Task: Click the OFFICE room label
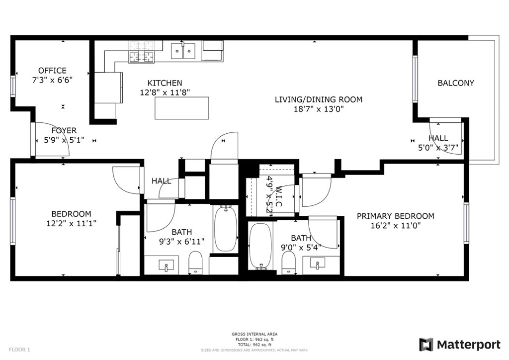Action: [x=52, y=71]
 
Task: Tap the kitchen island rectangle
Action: [x=182, y=108]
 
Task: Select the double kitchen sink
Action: [x=183, y=51]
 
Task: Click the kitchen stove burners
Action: [x=142, y=57]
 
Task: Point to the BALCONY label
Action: [x=456, y=83]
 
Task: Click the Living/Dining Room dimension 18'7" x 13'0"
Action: [x=319, y=109]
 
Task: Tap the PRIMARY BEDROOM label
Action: [x=395, y=216]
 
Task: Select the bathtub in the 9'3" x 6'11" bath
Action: [x=226, y=229]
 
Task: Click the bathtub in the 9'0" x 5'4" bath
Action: [x=260, y=246]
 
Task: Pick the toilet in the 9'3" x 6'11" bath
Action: [x=195, y=262]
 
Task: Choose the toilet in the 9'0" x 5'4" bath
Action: [x=288, y=262]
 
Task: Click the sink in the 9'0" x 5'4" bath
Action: [x=318, y=263]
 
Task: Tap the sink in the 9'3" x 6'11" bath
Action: [x=166, y=265]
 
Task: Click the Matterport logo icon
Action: [x=426, y=345]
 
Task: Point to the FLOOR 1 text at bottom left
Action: [x=19, y=350]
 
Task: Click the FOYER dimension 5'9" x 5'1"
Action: [x=64, y=140]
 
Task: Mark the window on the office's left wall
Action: [x=13, y=87]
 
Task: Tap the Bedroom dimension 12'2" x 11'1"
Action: [x=71, y=223]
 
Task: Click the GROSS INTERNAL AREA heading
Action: [x=254, y=334]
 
